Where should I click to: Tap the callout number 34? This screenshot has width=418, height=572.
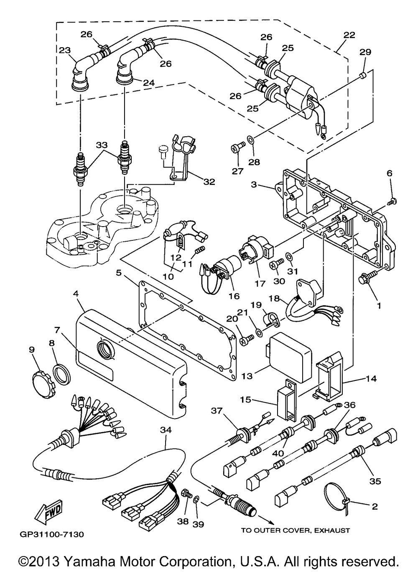(x=166, y=430)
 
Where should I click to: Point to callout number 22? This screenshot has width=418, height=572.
(x=349, y=35)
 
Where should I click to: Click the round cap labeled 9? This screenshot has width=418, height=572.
(x=43, y=386)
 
